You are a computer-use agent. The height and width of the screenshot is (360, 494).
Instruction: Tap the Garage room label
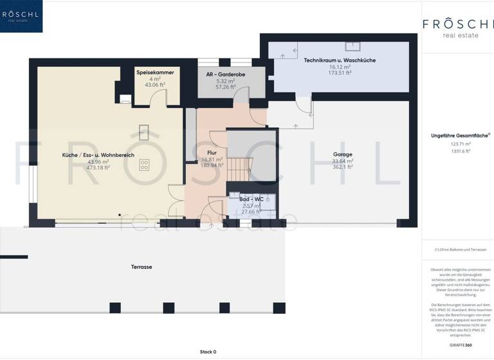pos(342,154)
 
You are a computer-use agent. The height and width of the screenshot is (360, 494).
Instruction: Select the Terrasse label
pos(142,266)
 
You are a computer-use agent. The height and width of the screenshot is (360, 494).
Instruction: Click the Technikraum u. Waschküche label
pos(339,60)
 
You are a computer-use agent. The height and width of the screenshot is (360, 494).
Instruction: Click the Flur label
pos(212,153)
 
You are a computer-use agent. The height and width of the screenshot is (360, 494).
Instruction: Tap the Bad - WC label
pos(251,199)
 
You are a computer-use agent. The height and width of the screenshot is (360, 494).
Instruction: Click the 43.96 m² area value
pos(98,161)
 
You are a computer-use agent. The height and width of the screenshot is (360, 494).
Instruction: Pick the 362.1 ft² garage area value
pos(342,168)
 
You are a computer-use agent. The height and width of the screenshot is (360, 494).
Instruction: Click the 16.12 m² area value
pos(339,67)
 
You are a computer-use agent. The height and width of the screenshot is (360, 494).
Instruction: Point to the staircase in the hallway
pos(238,170)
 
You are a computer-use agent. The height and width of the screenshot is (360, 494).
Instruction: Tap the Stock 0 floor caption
pos(208,352)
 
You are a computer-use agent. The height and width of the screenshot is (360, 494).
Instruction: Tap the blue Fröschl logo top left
pos(21,16)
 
